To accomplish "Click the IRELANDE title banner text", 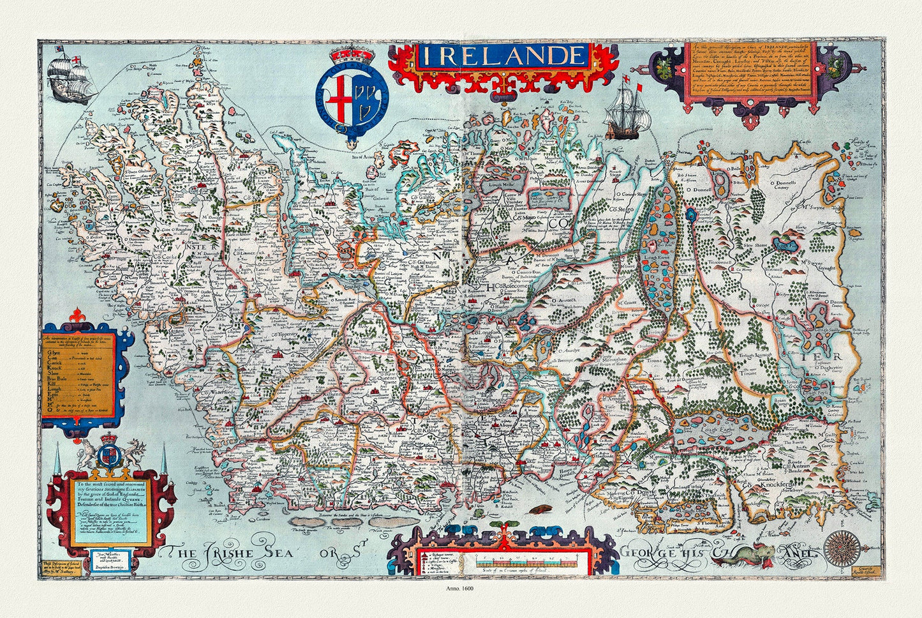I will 503,56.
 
